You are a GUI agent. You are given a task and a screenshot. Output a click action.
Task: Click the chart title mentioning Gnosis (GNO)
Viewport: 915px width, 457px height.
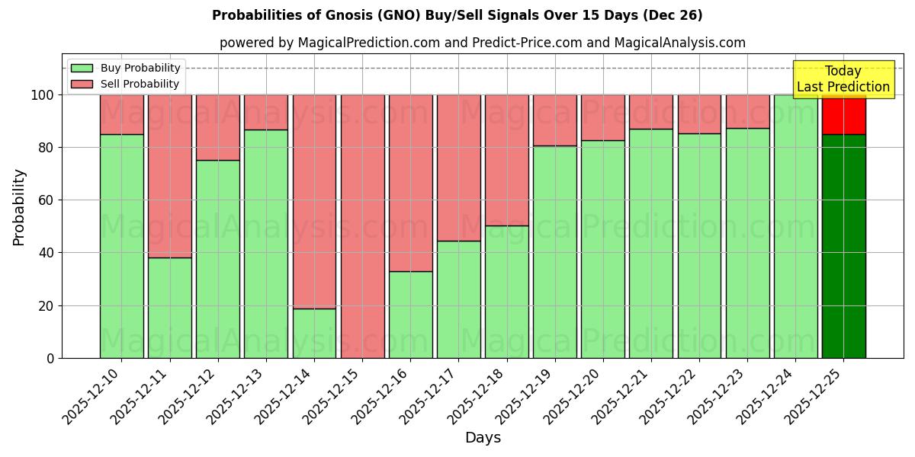pos(457,15)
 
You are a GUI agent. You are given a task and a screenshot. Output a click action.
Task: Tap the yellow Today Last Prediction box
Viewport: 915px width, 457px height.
pos(843,79)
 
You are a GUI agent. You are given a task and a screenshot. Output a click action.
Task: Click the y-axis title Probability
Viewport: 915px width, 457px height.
pos(19,207)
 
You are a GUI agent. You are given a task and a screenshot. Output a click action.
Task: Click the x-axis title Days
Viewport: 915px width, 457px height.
pos(483,438)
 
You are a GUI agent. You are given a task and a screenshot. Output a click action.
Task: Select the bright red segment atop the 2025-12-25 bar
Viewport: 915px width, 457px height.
pos(843,114)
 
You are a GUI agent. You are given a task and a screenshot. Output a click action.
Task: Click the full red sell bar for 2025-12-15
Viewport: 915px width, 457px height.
pos(362,226)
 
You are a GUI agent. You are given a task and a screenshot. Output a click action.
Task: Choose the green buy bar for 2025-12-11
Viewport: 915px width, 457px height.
pos(169,308)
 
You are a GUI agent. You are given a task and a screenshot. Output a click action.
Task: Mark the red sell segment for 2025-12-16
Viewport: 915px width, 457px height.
pos(410,183)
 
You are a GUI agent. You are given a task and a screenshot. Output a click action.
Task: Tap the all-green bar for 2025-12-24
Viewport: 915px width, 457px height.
pos(795,226)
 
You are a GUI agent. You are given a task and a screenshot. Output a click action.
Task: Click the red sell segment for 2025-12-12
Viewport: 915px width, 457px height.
pos(218,127)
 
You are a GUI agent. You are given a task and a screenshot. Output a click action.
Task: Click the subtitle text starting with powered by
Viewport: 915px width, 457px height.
pos(483,43)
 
